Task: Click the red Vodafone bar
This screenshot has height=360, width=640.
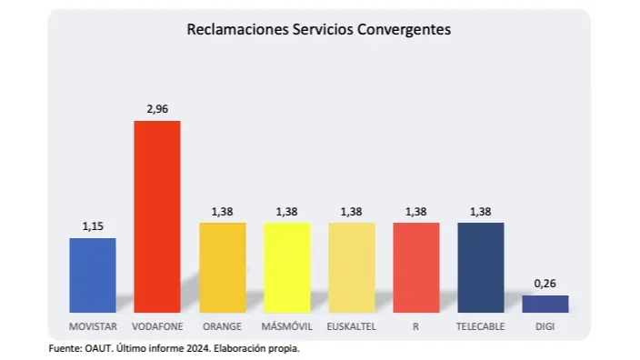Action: click(157, 216)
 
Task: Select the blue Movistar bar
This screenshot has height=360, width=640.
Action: click(93, 275)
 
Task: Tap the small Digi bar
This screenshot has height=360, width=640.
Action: click(545, 304)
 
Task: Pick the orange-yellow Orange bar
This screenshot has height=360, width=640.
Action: click(223, 267)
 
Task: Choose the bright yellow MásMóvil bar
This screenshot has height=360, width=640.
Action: click(287, 267)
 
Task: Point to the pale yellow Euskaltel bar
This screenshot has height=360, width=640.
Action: click(352, 267)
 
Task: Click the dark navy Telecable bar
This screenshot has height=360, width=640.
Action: click(480, 267)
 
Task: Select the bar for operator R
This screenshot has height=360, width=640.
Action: click(415, 267)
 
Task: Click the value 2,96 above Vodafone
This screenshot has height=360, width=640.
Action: click(157, 109)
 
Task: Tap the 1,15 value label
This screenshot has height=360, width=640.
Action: click(93, 226)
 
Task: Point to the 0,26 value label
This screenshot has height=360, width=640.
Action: click(545, 284)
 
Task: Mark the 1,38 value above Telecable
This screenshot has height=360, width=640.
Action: click(480, 211)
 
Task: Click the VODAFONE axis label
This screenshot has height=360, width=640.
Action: click(157, 325)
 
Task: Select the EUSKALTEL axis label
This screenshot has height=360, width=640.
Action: click(352, 325)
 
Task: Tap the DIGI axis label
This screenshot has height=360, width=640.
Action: click(545, 325)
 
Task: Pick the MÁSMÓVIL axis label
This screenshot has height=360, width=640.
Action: click(287, 325)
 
